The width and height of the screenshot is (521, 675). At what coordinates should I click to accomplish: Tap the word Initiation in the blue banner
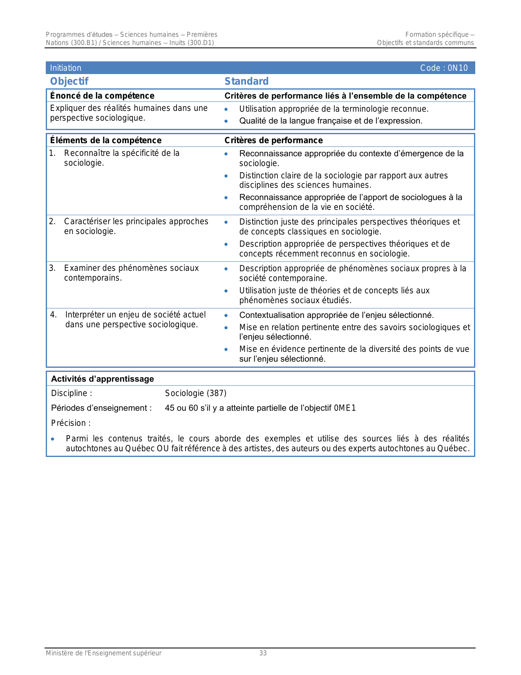[x=66, y=68]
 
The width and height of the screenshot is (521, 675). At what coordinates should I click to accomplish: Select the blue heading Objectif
[x=69, y=81]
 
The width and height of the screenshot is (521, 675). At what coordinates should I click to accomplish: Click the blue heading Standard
[x=246, y=81]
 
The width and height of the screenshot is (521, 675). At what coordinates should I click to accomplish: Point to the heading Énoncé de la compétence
[x=102, y=96]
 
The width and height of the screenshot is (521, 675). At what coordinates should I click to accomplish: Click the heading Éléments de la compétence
[x=106, y=140]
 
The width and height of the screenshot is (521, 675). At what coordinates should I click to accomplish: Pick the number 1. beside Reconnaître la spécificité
[x=52, y=153]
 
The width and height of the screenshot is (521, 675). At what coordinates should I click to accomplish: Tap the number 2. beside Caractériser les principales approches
[x=52, y=221]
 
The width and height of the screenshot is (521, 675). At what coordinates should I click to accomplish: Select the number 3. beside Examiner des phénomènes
[x=52, y=268]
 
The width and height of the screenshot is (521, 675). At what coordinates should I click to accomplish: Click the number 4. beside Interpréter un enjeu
[x=53, y=315]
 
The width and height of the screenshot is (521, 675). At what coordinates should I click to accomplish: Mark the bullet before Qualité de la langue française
[x=226, y=121]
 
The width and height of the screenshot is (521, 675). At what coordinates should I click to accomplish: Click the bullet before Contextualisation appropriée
[x=226, y=315]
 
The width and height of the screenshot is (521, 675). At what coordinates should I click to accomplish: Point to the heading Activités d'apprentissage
[x=103, y=379]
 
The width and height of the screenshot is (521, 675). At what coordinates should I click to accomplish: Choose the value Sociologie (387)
[x=196, y=393]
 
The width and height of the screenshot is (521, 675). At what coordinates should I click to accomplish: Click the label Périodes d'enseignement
[x=101, y=408]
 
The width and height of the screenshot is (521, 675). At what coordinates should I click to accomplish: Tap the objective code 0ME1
[x=345, y=408]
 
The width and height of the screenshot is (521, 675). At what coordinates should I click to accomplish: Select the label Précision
[x=71, y=423]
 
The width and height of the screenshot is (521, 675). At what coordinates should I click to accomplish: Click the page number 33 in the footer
[x=263, y=653]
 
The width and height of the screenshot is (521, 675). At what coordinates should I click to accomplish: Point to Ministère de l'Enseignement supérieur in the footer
[x=103, y=653]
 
